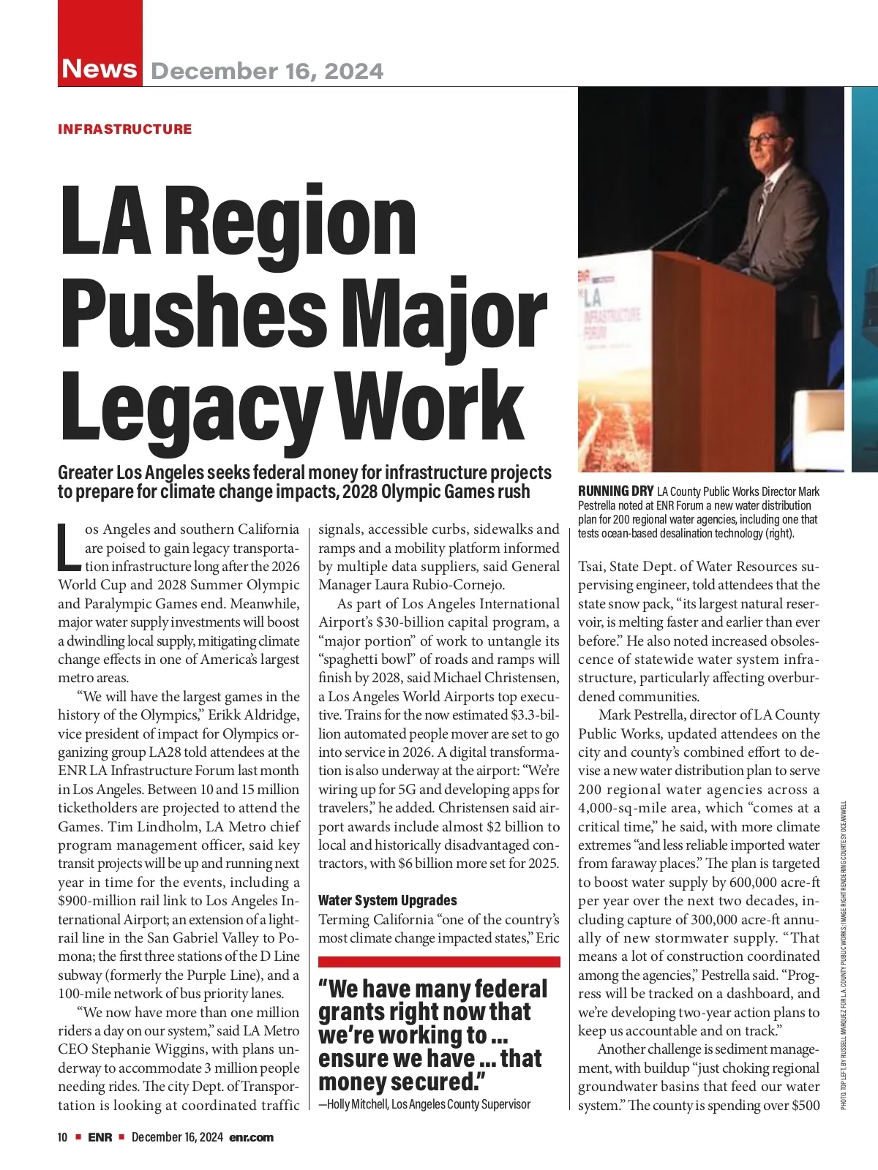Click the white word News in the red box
click(100, 68)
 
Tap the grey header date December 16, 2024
click(267, 71)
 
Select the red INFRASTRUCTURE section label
click(124, 129)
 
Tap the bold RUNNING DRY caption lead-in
click(615, 491)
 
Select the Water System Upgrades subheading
click(388, 900)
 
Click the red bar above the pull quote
click(439, 962)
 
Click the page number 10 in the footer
click(63, 1137)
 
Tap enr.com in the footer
click(251, 1137)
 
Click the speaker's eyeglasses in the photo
click(764, 139)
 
